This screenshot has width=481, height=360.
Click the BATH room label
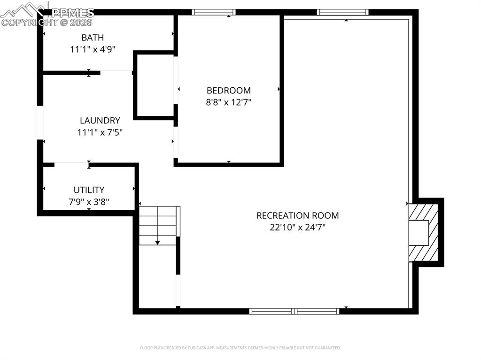click(93, 38)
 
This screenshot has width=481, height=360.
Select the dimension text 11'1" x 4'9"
click(93, 49)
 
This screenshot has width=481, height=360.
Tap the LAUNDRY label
click(100, 121)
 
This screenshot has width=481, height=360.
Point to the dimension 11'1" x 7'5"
click(100, 132)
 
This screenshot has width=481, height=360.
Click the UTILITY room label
click(89, 190)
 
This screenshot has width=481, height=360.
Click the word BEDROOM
click(229, 91)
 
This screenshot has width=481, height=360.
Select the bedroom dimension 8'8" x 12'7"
click(229, 102)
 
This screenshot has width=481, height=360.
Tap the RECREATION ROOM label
click(297, 216)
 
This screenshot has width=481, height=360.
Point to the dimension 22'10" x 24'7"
click(297, 228)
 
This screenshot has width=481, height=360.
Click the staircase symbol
click(158, 225)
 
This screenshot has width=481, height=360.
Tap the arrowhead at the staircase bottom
click(157, 243)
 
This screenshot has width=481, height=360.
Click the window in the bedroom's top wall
click(214, 12)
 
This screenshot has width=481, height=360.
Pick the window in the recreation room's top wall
click(342, 12)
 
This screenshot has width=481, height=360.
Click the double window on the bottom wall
click(295, 311)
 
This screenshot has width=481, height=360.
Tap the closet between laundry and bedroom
click(154, 85)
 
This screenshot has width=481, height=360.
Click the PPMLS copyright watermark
click(47, 15)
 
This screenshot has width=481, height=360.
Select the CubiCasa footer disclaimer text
click(240, 348)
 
